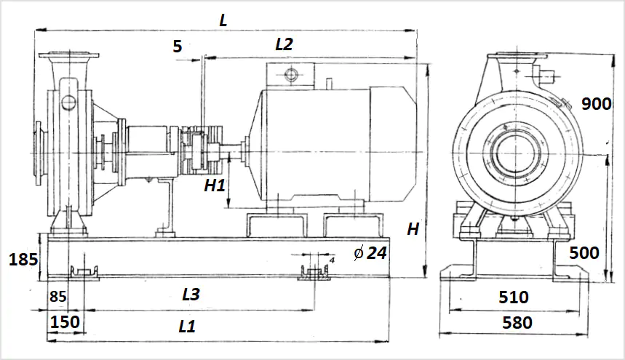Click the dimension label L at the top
223,20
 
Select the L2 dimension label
284,44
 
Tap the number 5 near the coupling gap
178,47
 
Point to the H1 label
215,185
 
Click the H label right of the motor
413,229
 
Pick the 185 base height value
23,259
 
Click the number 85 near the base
58,296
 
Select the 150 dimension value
65,321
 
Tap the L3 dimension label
191,295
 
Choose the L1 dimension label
187,327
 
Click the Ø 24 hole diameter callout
370,253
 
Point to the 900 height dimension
597,104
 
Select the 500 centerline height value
584,253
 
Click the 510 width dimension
514,297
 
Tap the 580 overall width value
517,323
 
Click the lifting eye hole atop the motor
291,74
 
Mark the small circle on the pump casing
68,103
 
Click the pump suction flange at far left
40,153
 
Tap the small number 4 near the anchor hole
332,260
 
